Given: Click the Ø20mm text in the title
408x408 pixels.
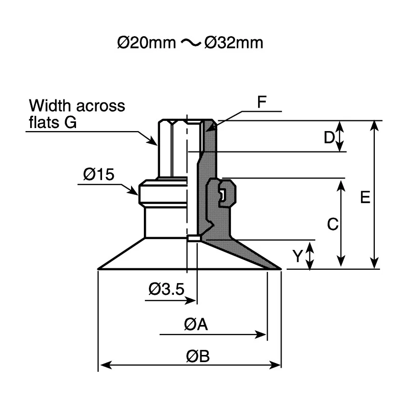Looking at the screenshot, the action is point(146,43).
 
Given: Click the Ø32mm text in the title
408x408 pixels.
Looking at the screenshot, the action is point(234,43).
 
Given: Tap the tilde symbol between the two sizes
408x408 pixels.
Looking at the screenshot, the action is point(191,43).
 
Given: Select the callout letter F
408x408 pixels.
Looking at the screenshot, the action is point(262,102).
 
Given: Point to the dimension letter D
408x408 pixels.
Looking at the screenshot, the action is point(329,137).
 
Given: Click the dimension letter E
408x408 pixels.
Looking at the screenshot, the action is point(365,197).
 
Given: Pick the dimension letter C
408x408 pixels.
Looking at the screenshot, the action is point(333,224).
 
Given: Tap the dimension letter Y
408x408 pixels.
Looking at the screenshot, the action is point(297,256).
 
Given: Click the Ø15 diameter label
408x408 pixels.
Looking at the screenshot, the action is point(98,174).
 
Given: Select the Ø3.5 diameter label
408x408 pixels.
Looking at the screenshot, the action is point(166,289).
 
